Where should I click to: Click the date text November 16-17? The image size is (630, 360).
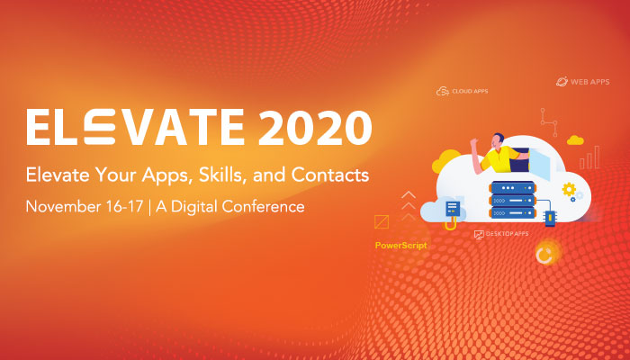[x=85, y=206]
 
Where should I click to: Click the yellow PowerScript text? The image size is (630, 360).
[x=401, y=245]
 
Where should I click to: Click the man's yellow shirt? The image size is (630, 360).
[x=500, y=160]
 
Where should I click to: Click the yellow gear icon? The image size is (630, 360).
[x=569, y=189]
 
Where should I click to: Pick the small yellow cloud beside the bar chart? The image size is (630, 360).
[x=575, y=140]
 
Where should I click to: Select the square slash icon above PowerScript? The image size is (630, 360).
[x=382, y=222]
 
